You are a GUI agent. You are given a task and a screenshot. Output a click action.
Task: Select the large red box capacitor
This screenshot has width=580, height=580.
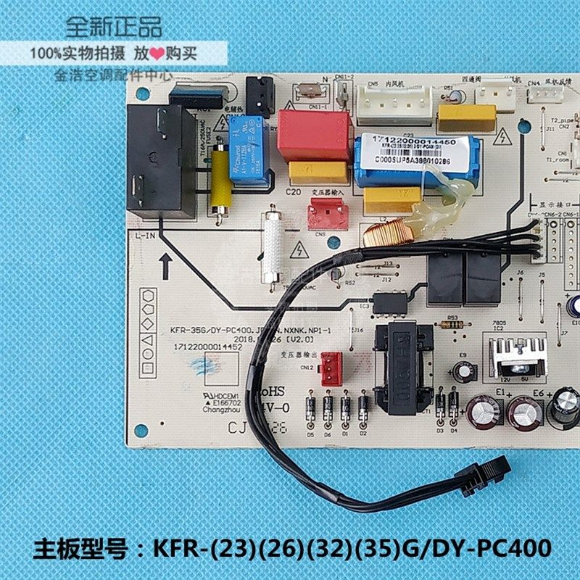[x=313, y=135]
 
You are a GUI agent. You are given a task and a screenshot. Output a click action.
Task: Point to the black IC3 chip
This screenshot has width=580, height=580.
[x=389, y=303]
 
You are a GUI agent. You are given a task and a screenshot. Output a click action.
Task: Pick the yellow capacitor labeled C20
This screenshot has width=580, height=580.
[x=318, y=173]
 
